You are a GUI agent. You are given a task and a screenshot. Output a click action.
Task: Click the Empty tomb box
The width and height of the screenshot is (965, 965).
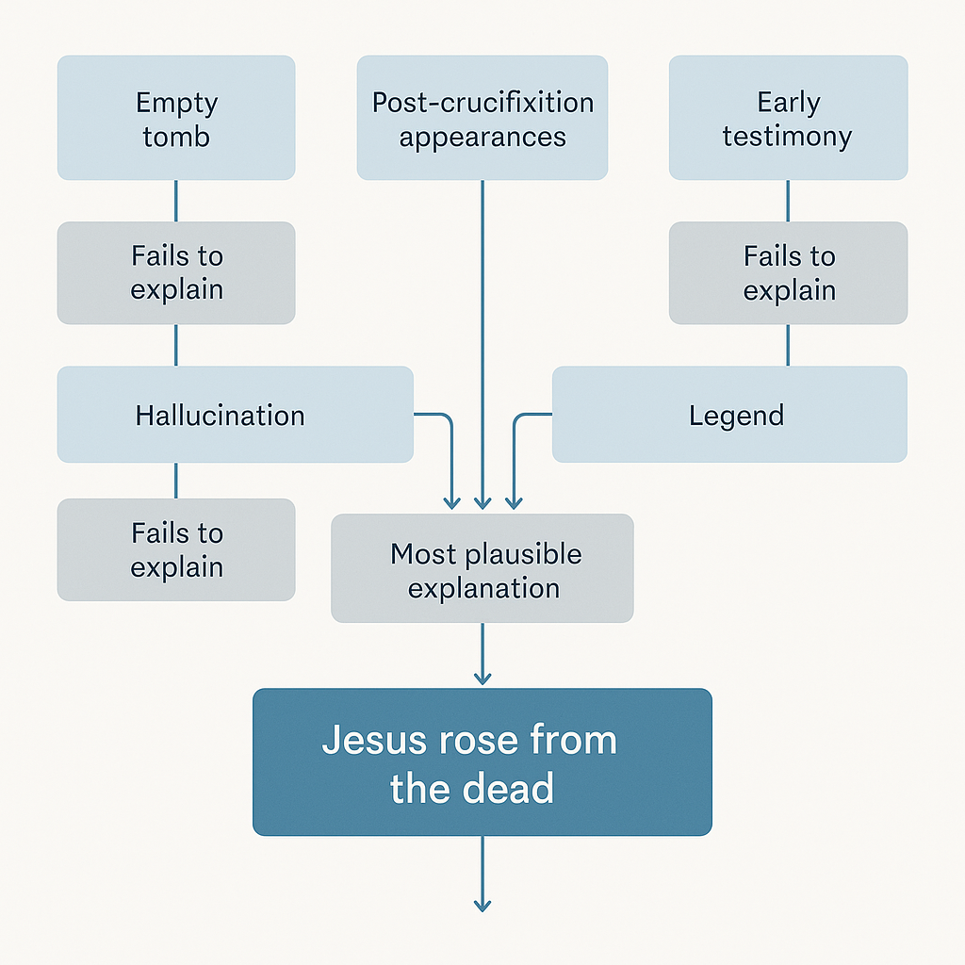tap(176, 118)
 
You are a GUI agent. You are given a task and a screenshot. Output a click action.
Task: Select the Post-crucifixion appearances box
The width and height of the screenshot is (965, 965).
tap(482, 118)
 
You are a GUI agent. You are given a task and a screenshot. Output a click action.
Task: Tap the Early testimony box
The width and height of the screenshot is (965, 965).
tap(788, 118)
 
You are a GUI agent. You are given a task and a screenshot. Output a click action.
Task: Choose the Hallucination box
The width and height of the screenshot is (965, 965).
tap(235, 415)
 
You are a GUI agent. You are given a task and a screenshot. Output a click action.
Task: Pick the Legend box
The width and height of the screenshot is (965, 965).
tap(729, 415)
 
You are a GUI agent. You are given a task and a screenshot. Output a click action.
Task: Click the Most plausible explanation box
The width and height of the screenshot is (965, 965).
tap(482, 568)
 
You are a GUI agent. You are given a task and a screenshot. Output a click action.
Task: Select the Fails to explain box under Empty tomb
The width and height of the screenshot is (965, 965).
tap(176, 272)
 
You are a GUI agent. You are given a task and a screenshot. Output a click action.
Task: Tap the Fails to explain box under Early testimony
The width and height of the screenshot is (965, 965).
tap(788, 272)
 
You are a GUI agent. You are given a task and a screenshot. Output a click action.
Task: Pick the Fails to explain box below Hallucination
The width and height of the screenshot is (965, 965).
tap(176, 549)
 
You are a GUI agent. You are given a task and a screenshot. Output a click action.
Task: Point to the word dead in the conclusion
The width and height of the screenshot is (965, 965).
tap(513, 788)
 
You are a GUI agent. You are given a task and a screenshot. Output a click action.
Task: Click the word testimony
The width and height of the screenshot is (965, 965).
tap(787, 136)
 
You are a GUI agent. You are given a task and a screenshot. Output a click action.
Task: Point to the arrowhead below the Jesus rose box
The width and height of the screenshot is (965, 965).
tap(482, 905)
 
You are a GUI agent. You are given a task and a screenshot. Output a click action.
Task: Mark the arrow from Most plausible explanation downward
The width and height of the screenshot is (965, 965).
tap(482, 654)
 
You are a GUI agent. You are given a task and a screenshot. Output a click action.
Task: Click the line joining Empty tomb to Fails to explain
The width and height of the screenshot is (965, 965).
tap(176, 201)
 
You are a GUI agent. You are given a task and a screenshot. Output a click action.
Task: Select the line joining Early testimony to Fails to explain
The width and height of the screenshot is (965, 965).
tap(788, 201)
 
